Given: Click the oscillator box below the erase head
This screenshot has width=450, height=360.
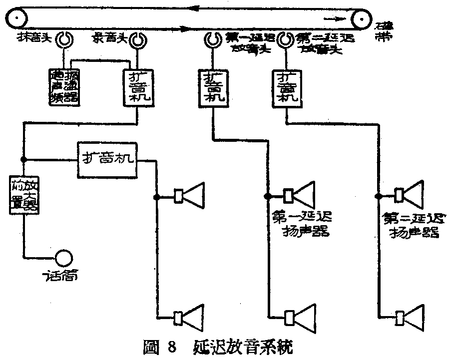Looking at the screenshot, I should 64,87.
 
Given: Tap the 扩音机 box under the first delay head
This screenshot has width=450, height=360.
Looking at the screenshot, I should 213,86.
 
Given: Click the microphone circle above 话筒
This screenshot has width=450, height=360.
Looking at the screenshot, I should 64,258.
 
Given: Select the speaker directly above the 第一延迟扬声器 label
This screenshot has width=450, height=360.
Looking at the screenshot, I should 300,195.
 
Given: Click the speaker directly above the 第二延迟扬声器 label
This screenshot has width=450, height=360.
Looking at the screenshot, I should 411,195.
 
